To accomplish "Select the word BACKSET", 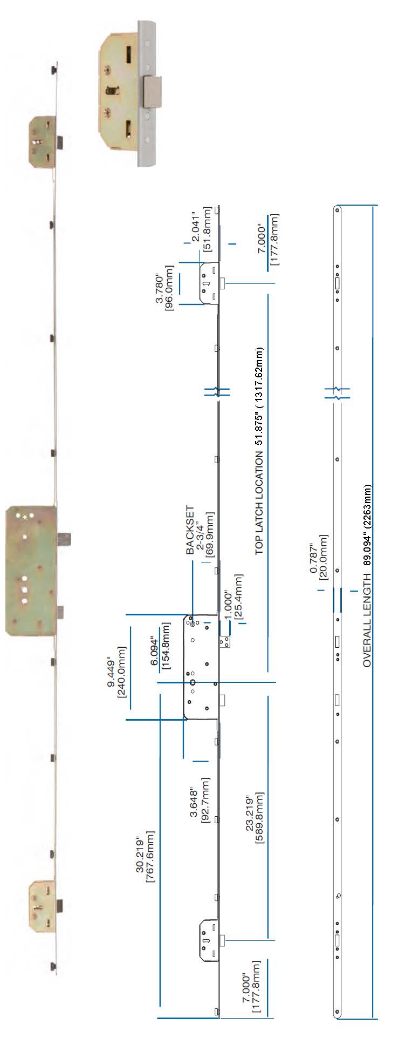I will (190, 530).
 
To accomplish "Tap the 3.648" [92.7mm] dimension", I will (200, 799).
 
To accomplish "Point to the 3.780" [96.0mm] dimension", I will (165, 288).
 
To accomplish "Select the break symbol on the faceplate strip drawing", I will (337, 392).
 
